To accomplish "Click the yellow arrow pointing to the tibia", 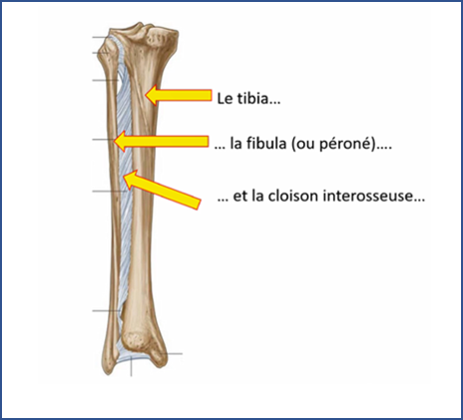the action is [179, 95].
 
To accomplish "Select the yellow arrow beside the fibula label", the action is [161, 141].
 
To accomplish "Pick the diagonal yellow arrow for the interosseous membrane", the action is [162, 190].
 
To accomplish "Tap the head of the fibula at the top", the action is [107, 48].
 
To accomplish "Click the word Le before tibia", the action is [225, 99].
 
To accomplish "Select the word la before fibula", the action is [235, 144].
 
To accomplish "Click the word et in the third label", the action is [239, 196].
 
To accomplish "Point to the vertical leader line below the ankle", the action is [131, 366].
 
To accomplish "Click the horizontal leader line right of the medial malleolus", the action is [172, 353].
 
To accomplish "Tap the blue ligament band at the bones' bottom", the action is [133, 359].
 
